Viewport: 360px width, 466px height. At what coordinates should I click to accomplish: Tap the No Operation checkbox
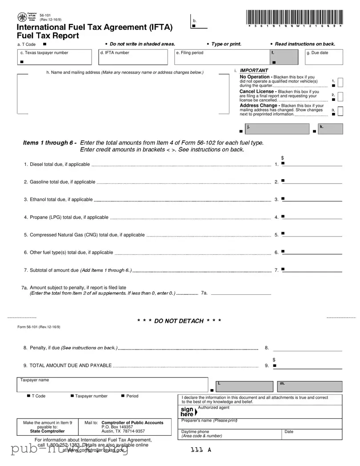tap(340, 83)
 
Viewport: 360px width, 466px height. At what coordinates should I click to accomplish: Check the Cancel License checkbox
tap(340, 97)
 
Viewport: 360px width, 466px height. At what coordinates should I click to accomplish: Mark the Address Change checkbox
tap(340, 111)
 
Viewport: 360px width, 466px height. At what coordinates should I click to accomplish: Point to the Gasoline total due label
tap(60, 182)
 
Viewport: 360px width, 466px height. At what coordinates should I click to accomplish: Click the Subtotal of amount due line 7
tap(312, 269)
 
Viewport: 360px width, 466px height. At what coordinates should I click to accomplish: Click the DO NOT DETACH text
tap(179, 321)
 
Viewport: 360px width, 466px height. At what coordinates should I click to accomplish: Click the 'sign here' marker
tap(188, 411)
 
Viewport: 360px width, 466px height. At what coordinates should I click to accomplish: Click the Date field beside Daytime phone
tap(312, 434)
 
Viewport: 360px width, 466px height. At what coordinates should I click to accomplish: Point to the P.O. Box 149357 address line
tap(117, 427)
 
